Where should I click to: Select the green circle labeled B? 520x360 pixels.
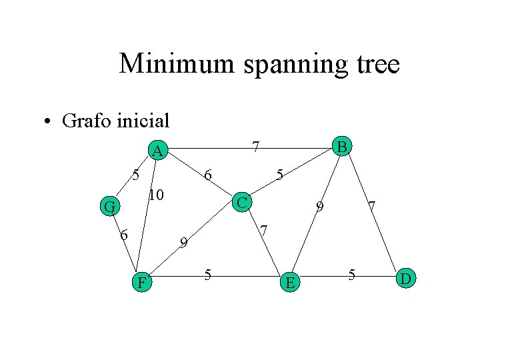click(341, 146)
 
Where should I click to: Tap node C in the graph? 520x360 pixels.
click(243, 201)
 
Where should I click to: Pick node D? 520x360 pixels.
click(406, 277)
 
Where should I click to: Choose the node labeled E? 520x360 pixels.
click(289, 283)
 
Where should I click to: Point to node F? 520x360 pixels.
click(141, 283)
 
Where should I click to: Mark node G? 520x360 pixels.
click(109, 207)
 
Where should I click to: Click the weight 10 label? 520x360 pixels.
click(156, 195)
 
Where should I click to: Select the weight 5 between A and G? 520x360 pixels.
click(135, 176)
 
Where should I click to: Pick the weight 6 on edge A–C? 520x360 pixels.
click(208, 175)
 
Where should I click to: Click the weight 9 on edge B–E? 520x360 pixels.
click(320, 207)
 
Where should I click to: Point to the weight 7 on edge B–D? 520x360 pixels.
click(373, 209)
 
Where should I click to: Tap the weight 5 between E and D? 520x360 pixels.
click(351, 274)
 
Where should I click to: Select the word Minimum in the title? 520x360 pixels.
click(177, 64)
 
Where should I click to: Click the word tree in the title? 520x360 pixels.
click(377, 64)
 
